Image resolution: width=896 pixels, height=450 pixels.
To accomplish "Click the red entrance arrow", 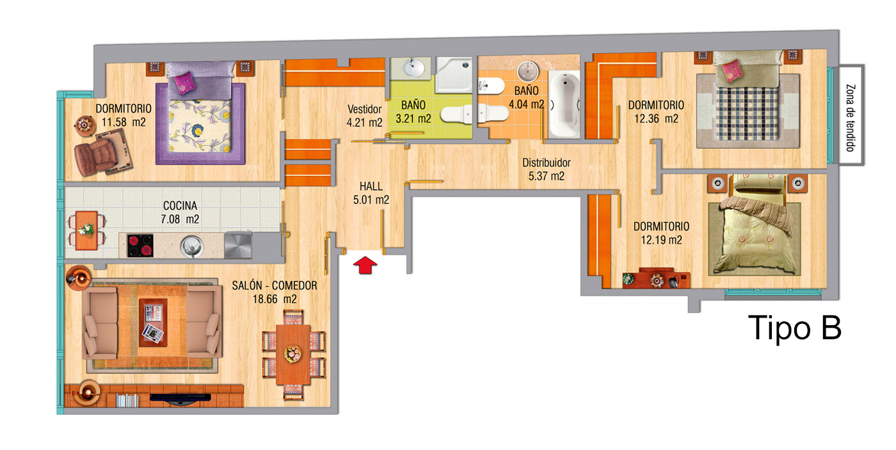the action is tap(365, 266).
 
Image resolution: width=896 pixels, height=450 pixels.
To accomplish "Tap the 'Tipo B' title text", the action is tap(794, 328).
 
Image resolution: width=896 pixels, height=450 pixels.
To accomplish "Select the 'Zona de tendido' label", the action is tap(851, 118).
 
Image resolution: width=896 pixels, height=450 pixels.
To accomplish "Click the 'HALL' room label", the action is tap(371, 186).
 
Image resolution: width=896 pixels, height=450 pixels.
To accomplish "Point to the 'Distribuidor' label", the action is tap(547, 163).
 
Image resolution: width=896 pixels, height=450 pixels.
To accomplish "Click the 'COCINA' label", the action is tap(180, 205).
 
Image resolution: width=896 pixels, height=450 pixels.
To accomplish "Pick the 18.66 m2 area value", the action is tap(275, 299).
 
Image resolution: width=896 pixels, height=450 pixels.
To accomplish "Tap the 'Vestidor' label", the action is tap(364, 109).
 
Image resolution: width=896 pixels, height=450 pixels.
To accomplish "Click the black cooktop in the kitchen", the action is tap(140, 246).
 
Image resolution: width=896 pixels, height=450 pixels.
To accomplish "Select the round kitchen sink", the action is tap(192, 246).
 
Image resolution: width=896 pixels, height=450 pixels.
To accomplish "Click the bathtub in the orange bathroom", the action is tap(564, 104).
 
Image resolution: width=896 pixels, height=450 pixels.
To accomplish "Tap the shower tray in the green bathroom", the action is tap(454, 75).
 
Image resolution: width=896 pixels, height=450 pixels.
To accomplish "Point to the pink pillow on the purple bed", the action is tap(185, 83).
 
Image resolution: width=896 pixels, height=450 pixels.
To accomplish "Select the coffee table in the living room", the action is tap(153, 323).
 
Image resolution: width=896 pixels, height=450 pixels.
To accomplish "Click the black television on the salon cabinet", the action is tap(180, 398).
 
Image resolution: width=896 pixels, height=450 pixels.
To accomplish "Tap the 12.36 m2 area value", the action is tap(656, 119).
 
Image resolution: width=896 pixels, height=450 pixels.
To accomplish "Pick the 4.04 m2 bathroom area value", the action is tap(526, 105).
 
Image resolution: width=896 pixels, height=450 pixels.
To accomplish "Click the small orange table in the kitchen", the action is tap(86, 230).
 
